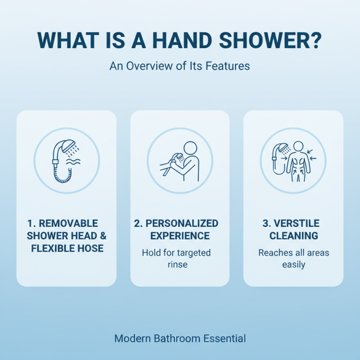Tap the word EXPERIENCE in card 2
click(x=180, y=235)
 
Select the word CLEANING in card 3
click(x=293, y=235)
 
